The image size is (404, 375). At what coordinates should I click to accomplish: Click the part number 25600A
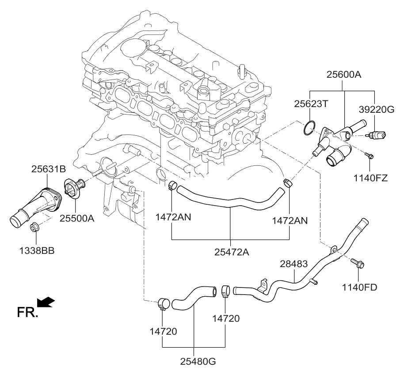344,75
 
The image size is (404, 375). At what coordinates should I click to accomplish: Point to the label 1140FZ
370,178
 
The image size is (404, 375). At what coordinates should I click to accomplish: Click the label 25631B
49,168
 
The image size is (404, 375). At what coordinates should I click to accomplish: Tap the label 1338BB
37,251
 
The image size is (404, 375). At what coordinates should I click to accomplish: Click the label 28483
294,264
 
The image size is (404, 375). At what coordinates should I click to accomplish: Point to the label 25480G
198,362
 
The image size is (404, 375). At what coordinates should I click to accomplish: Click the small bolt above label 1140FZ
370,156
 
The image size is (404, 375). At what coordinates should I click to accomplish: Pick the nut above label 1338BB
34,228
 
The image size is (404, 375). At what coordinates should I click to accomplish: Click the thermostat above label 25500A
72,188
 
